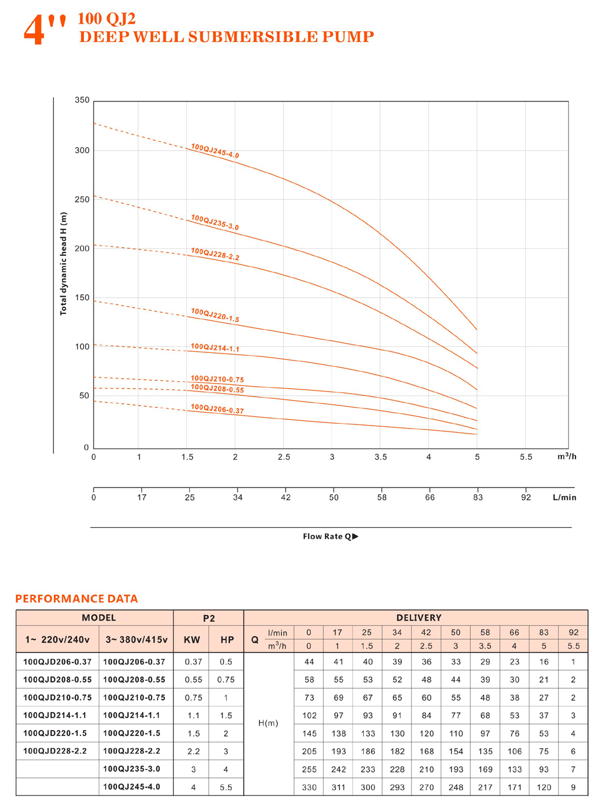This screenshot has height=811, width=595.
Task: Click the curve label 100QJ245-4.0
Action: pyautogui.click(x=215, y=151)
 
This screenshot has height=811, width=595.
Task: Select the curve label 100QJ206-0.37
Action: pyautogui.click(x=217, y=409)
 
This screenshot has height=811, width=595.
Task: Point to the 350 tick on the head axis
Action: pyautogui.click(x=82, y=100)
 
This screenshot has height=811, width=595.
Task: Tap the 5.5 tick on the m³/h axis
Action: pyautogui.click(x=526, y=457)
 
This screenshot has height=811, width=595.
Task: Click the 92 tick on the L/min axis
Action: pyautogui.click(x=526, y=498)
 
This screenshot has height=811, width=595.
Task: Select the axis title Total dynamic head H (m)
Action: pyautogui.click(x=63, y=264)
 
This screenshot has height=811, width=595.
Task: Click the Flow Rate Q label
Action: pyautogui.click(x=330, y=537)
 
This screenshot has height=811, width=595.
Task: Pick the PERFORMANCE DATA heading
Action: pyautogui.click(x=76, y=599)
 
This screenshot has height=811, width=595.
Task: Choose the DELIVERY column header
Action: pyautogui.click(x=419, y=618)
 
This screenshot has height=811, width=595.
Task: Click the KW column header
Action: pyautogui.click(x=192, y=640)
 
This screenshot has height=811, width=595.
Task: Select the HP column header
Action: pyautogui.click(x=227, y=640)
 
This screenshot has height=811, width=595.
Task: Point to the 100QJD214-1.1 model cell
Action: pyautogui.click(x=55, y=715)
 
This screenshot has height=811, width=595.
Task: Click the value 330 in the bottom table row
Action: pyautogui.click(x=309, y=787)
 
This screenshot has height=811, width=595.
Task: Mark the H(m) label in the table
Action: pyautogui.click(x=269, y=724)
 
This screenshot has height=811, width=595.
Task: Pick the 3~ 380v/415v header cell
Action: pyautogui.click(x=137, y=640)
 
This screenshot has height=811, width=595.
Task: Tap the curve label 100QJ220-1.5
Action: pyautogui.click(x=215, y=315)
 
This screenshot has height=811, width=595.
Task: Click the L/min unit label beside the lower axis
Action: pyautogui.click(x=564, y=498)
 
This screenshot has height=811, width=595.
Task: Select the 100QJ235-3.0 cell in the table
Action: pyautogui.click(x=131, y=769)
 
